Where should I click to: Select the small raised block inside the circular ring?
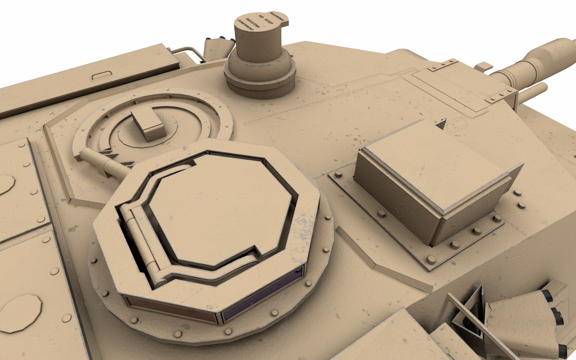click(148, 125)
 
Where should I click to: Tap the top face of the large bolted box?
click(433, 167)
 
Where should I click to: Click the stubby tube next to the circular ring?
click(100, 162)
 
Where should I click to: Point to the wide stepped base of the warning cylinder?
click(260, 78)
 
